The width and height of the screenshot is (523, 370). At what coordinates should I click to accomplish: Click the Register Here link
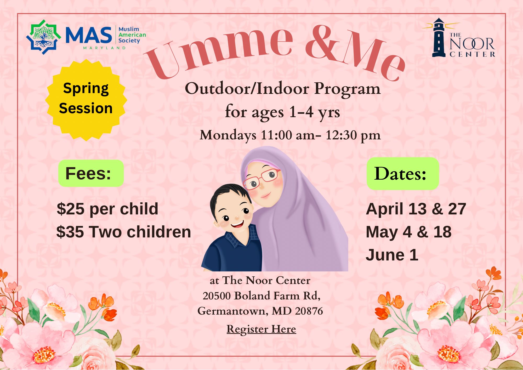click(x=261, y=329)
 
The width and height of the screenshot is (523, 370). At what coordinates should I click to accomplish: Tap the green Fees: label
click(x=91, y=173)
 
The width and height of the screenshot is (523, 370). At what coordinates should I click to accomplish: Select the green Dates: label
click(x=402, y=173)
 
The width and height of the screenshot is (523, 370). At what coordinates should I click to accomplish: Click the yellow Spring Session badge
click(x=86, y=100)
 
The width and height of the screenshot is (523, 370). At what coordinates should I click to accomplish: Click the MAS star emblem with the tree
click(x=43, y=37)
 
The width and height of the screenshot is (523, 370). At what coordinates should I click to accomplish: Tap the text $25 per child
click(x=107, y=209)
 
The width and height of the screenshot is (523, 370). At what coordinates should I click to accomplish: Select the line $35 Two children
click(x=124, y=232)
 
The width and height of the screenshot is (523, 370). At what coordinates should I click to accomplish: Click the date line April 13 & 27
click(x=416, y=209)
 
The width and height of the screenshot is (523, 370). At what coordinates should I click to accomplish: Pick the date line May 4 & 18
click(x=408, y=232)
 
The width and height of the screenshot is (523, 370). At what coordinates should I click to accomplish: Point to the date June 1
click(x=392, y=255)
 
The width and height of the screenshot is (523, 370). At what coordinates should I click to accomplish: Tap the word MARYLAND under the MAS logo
click(x=105, y=48)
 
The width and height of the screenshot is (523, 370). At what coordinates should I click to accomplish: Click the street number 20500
click(x=217, y=296)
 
